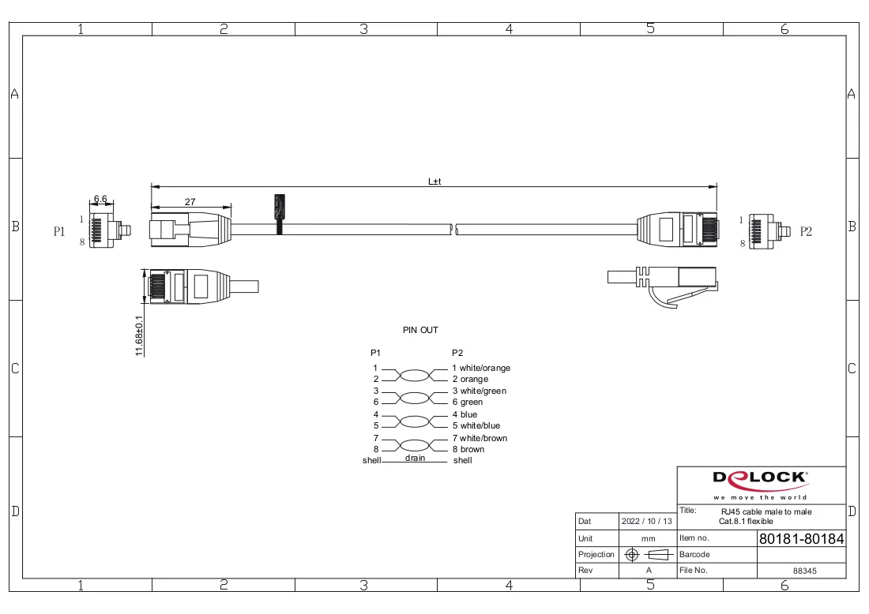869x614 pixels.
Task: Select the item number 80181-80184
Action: (801, 539)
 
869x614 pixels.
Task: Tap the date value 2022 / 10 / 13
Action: (647, 521)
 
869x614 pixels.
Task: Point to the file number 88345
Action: (805, 571)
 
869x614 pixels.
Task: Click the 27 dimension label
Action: (190, 202)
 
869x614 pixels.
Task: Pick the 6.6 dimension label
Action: (100, 199)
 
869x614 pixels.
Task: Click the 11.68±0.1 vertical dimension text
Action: (139, 335)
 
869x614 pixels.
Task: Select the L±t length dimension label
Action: (434, 182)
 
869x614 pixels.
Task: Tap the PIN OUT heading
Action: (420, 330)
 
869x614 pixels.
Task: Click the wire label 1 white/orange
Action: (481, 369)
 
